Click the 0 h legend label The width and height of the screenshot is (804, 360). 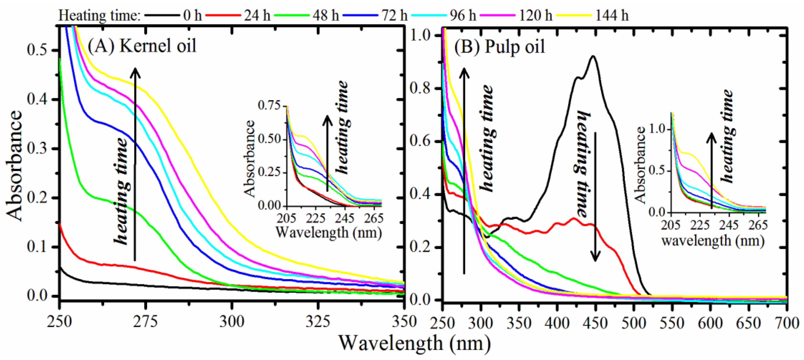point(192,15)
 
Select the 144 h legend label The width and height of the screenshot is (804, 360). point(612,15)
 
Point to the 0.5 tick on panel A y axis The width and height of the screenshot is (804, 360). point(39,50)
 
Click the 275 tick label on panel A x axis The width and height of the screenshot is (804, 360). point(145,322)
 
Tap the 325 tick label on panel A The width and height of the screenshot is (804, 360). point(318,322)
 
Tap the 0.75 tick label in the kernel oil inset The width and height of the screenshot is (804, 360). point(269,105)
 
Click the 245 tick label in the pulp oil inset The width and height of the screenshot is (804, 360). point(730,225)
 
